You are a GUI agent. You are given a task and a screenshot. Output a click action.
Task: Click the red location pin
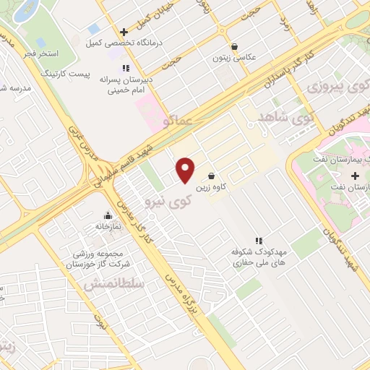[x=186, y=171]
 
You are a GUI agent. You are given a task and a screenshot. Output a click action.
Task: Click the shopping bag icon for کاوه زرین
[x=211, y=176]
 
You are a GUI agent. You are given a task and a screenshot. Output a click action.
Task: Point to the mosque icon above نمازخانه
[x=108, y=215]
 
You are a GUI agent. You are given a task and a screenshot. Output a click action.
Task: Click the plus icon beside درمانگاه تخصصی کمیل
[x=124, y=32]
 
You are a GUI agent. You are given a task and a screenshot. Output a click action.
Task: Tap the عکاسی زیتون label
[x=232, y=57]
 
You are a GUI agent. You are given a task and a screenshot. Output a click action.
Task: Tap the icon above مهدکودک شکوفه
[x=258, y=240]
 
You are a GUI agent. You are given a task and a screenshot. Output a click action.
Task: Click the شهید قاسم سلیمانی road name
[x=131, y=151]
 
